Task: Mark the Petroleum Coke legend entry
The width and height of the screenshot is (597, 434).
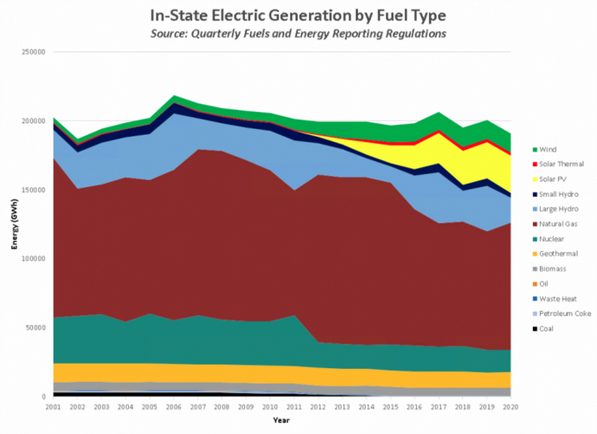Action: pos(560,314)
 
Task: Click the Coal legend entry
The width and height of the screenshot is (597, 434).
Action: pos(544,328)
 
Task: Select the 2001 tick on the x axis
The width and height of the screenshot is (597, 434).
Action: pos(53,405)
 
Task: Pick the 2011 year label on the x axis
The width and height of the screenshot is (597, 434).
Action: pos(294,405)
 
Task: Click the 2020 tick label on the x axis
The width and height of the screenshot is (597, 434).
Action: pos(510,405)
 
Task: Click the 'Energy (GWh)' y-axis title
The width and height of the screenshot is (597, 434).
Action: pos(15,224)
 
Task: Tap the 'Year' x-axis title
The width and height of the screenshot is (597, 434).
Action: pos(281,419)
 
